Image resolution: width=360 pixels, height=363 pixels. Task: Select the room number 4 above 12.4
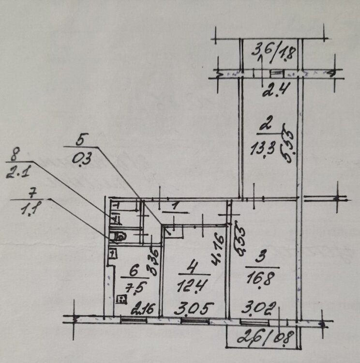pyautogui.click(x=186, y=267)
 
